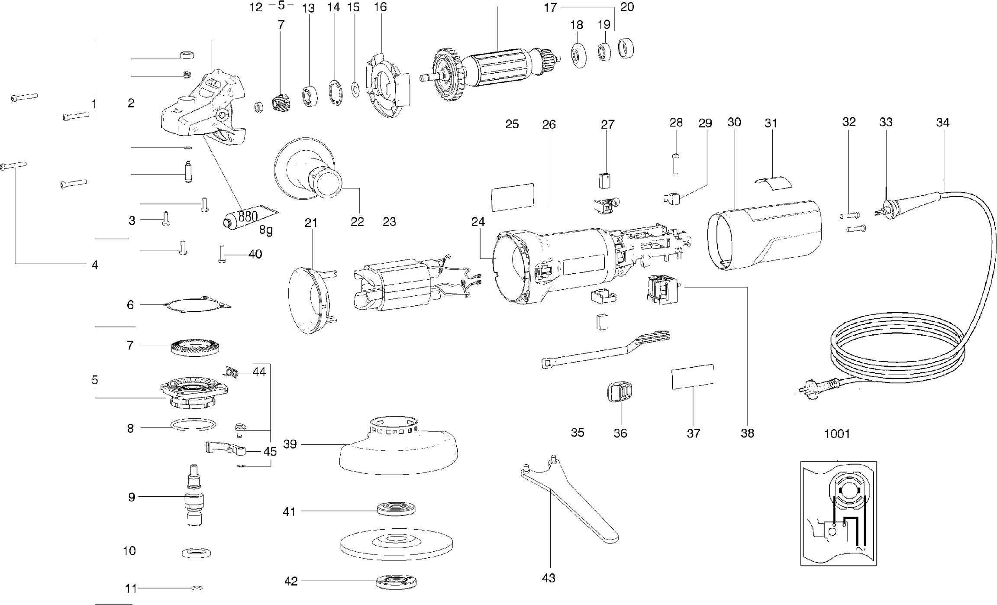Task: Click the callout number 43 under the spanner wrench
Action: tap(548, 578)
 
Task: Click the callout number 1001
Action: tap(837, 434)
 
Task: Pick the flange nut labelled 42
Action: tap(396, 582)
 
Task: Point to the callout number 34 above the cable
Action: tap(942, 123)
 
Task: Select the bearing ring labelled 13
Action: tap(309, 96)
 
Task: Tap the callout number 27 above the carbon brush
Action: tap(607, 125)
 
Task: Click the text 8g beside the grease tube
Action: tap(266, 230)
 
